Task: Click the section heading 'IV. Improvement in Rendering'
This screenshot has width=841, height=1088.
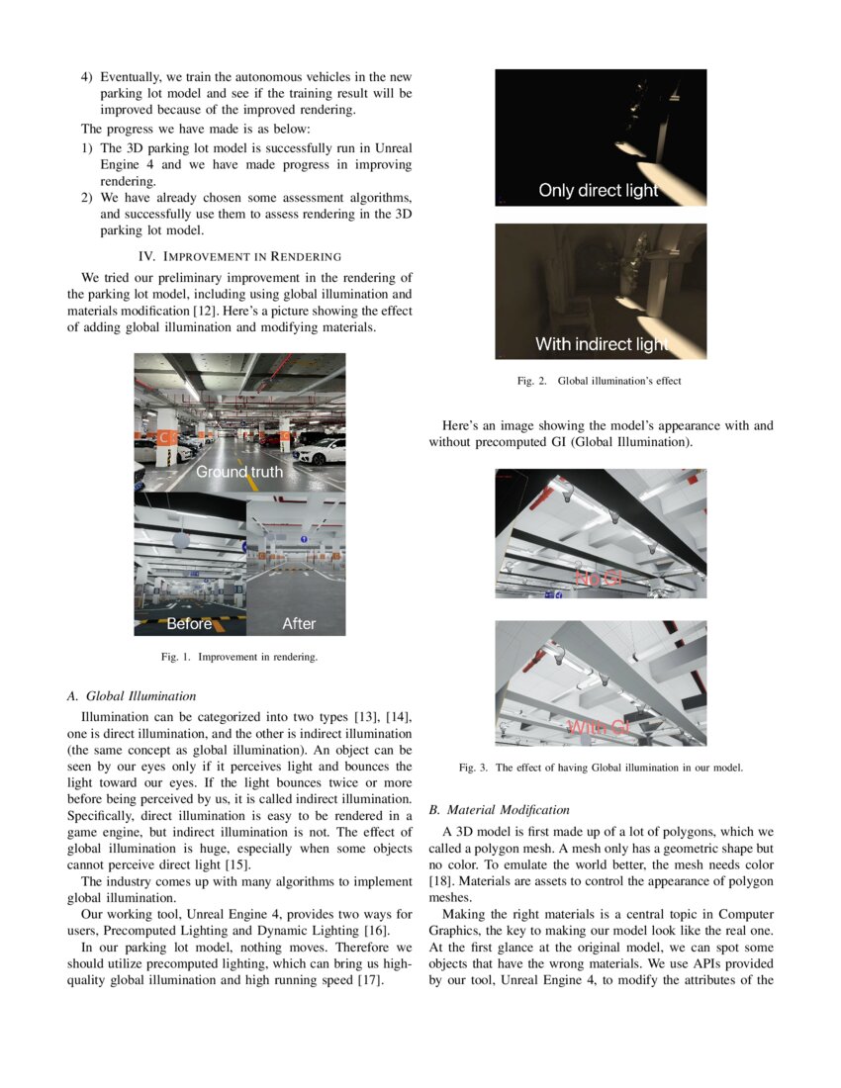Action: [x=239, y=256]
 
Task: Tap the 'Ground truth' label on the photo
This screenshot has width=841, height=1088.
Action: [x=238, y=472]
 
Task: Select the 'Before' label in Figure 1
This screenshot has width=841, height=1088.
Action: [x=189, y=623]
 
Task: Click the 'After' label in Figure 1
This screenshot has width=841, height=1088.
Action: [x=299, y=623]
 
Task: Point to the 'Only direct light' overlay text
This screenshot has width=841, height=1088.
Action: [x=598, y=190]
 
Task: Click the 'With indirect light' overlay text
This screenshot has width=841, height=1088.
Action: [x=602, y=344]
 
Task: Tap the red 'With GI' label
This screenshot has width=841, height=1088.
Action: [x=598, y=728]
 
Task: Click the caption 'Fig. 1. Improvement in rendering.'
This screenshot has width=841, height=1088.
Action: [x=239, y=656]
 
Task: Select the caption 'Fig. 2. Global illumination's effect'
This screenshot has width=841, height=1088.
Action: [x=600, y=380]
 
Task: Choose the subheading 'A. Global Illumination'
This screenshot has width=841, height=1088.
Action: [x=132, y=696]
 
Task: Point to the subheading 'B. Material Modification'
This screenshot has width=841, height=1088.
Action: [x=499, y=810]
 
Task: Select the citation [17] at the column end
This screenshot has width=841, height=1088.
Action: [x=370, y=981]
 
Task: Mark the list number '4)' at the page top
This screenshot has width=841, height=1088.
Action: [x=87, y=77]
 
